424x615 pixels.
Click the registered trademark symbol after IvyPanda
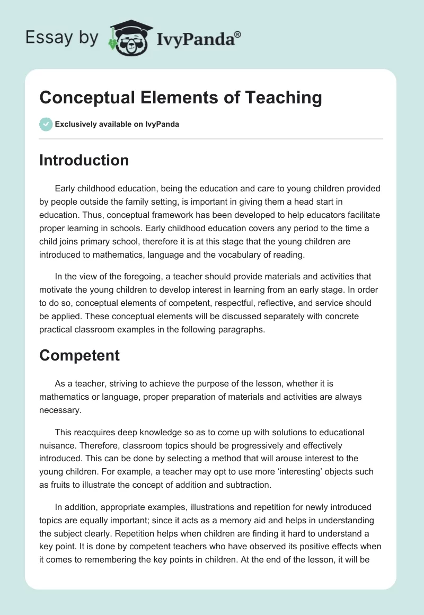pos(237,34)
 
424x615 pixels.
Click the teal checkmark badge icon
pos(46,124)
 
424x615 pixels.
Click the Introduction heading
pos(84,160)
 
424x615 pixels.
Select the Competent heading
pos(79,355)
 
